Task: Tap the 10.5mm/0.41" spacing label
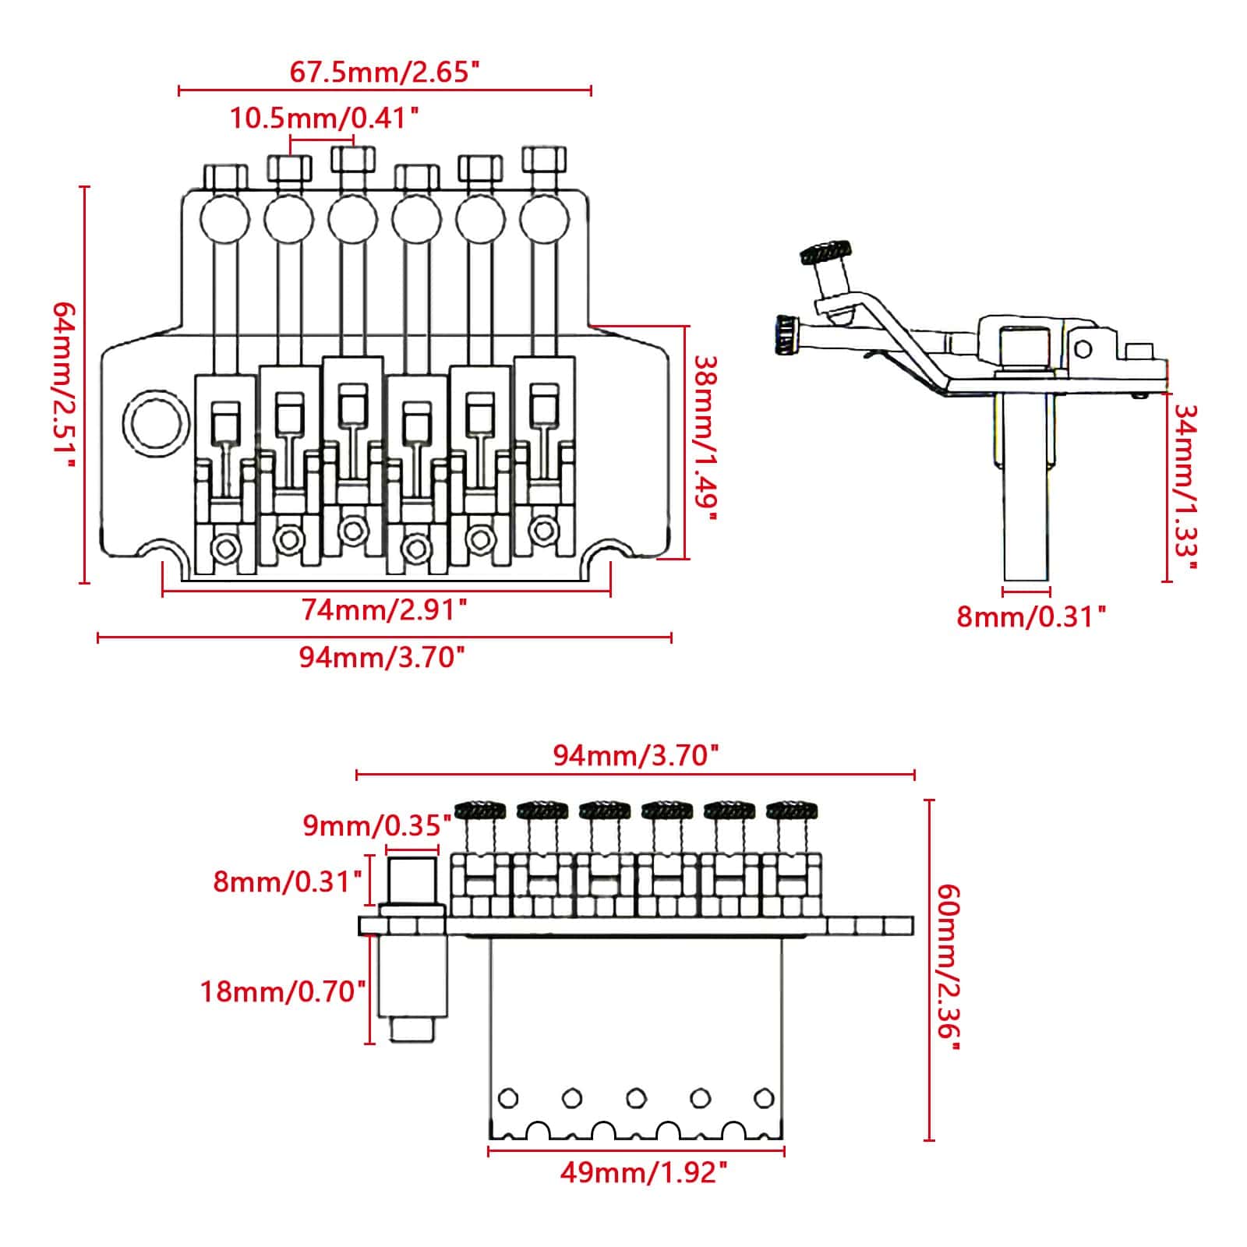click(324, 118)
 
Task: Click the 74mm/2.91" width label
click(384, 609)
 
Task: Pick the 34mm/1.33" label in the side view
click(1185, 487)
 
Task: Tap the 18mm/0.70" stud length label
click(284, 992)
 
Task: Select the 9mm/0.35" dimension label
click(377, 825)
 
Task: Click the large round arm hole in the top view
click(156, 423)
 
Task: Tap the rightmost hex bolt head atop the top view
click(544, 160)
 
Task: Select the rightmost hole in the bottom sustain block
click(764, 1098)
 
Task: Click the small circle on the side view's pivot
click(1083, 348)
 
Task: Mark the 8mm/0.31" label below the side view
click(1031, 616)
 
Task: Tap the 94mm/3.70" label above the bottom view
click(634, 755)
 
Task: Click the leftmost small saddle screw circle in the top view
click(226, 548)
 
